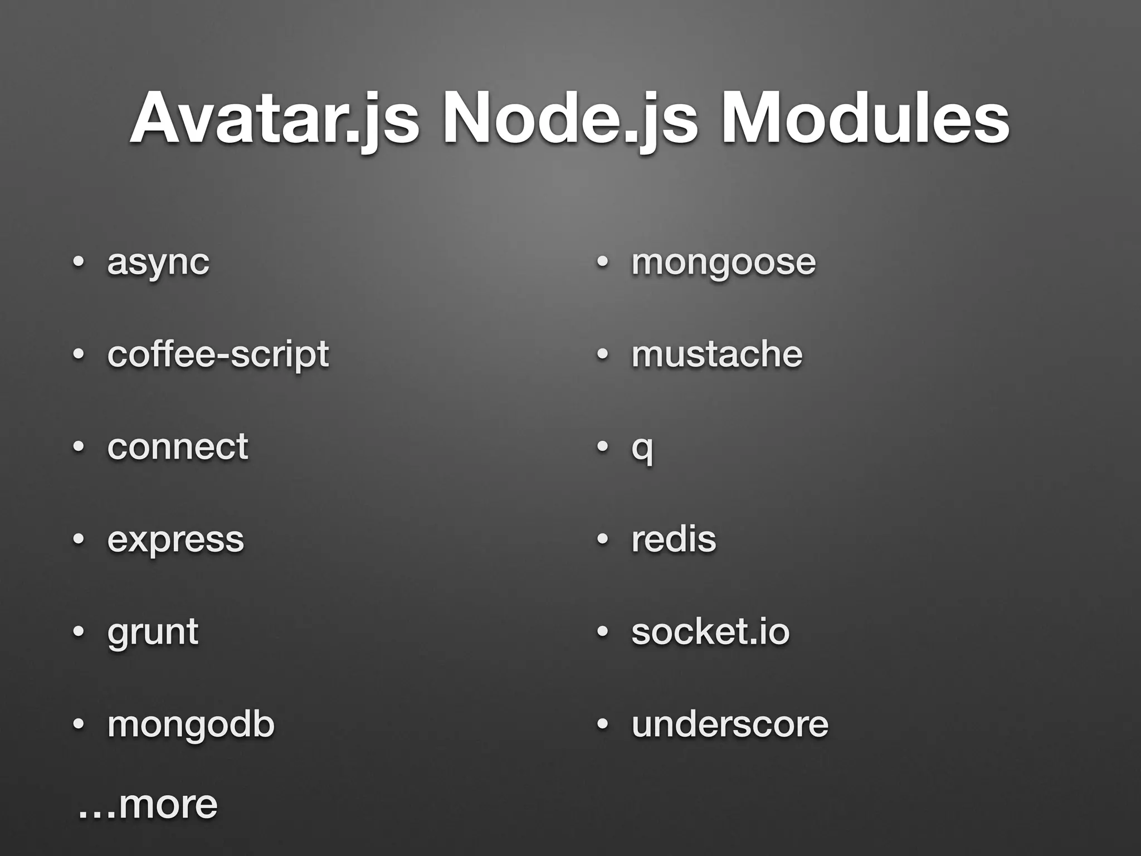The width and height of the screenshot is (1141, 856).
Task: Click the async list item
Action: pos(158,262)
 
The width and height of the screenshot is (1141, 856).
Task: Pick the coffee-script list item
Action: pos(218,355)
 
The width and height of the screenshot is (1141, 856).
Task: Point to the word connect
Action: pos(178,446)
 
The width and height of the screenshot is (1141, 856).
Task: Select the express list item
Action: pos(175,539)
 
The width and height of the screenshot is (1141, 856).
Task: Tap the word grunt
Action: pos(153,633)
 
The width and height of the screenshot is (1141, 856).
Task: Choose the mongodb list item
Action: pos(191,724)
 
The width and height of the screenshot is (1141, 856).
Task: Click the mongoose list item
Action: pos(723,262)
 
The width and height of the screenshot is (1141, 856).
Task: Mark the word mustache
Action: pos(717,354)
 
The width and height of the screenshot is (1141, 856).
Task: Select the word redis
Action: pos(674,539)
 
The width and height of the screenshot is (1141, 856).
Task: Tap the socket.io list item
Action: pos(710,632)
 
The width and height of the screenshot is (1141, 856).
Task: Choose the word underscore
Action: pos(730,724)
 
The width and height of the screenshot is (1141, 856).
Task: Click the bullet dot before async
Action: pos(79,261)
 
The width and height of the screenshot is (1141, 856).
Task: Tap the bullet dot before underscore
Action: pos(602,724)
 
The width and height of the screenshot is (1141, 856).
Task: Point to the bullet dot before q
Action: pos(602,447)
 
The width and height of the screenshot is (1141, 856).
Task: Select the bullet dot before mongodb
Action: pos(79,724)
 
